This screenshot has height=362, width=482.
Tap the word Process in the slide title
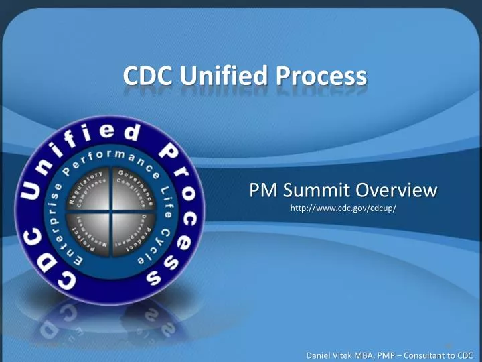(321, 76)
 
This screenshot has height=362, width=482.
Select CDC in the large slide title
(146, 76)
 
